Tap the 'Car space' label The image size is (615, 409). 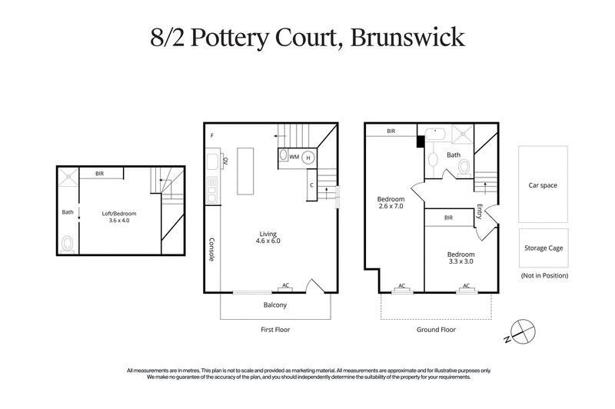click(543, 185)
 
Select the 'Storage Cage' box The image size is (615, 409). click(543, 247)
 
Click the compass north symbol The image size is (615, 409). click(523, 331)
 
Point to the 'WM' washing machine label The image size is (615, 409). click(294, 157)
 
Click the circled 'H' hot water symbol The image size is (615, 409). click(308, 157)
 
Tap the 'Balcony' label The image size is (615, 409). click(274, 305)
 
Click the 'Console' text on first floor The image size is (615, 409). click(212, 248)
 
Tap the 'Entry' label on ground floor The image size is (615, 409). click(479, 211)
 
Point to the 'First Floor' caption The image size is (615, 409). click(274, 329)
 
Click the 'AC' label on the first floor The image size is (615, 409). click(286, 285)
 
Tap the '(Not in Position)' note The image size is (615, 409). click(544, 275)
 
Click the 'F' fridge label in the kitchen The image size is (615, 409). click(211, 136)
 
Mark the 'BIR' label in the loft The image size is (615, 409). click(99, 174)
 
